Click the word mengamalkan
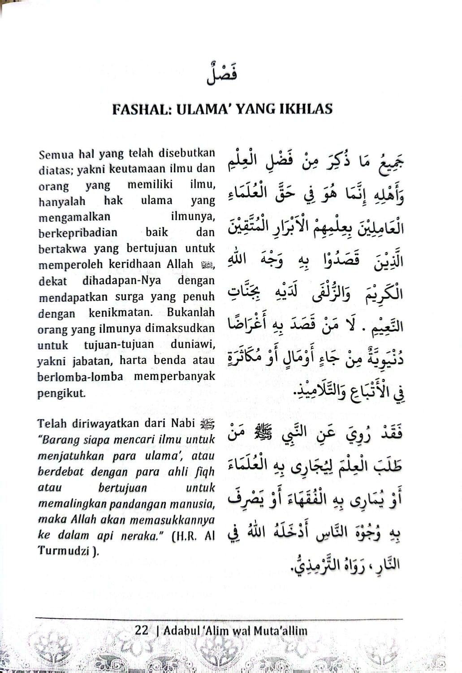click(74, 217)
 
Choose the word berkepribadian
click(78, 233)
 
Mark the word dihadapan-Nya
click(121, 281)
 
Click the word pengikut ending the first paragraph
click(61, 393)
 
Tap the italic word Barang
click(59, 440)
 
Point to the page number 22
click(142, 630)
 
